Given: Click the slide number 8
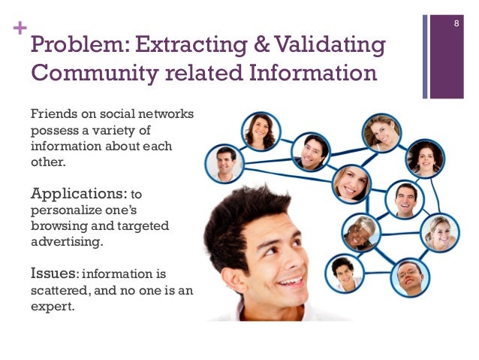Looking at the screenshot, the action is (456, 27).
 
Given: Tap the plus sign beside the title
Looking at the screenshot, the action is (17, 30).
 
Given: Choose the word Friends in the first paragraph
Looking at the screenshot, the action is (50, 114).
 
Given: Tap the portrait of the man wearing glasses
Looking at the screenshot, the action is (410, 277).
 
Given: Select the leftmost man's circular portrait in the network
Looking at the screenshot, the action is (225, 163).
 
